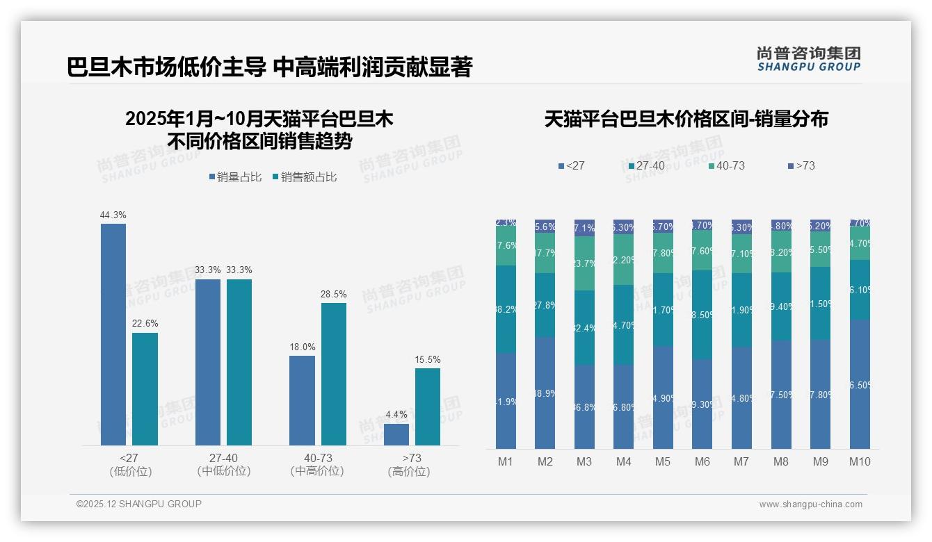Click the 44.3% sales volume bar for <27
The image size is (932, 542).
(113, 334)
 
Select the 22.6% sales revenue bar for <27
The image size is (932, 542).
(145, 389)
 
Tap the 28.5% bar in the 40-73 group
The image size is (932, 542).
(334, 374)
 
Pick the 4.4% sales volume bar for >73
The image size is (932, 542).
(396, 434)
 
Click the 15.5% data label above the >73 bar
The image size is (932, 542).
(428, 359)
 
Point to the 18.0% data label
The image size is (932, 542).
(303, 347)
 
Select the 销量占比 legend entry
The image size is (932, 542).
(235, 177)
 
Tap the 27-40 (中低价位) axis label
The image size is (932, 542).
(224, 464)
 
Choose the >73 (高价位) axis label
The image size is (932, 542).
(412, 464)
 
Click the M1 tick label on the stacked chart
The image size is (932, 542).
(506, 461)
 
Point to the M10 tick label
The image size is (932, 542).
(860, 461)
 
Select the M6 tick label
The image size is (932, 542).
(702, 461)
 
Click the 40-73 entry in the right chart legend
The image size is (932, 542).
(727, 166)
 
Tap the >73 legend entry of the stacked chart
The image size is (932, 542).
(801, 166)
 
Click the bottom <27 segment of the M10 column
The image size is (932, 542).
(860, 384)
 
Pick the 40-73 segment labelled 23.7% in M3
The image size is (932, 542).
(584, 263)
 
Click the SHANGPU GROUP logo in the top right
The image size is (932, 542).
(809, 59)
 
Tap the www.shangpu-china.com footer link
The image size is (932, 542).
(810, 504)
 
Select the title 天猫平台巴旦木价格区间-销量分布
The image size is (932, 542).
(686, 119)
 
